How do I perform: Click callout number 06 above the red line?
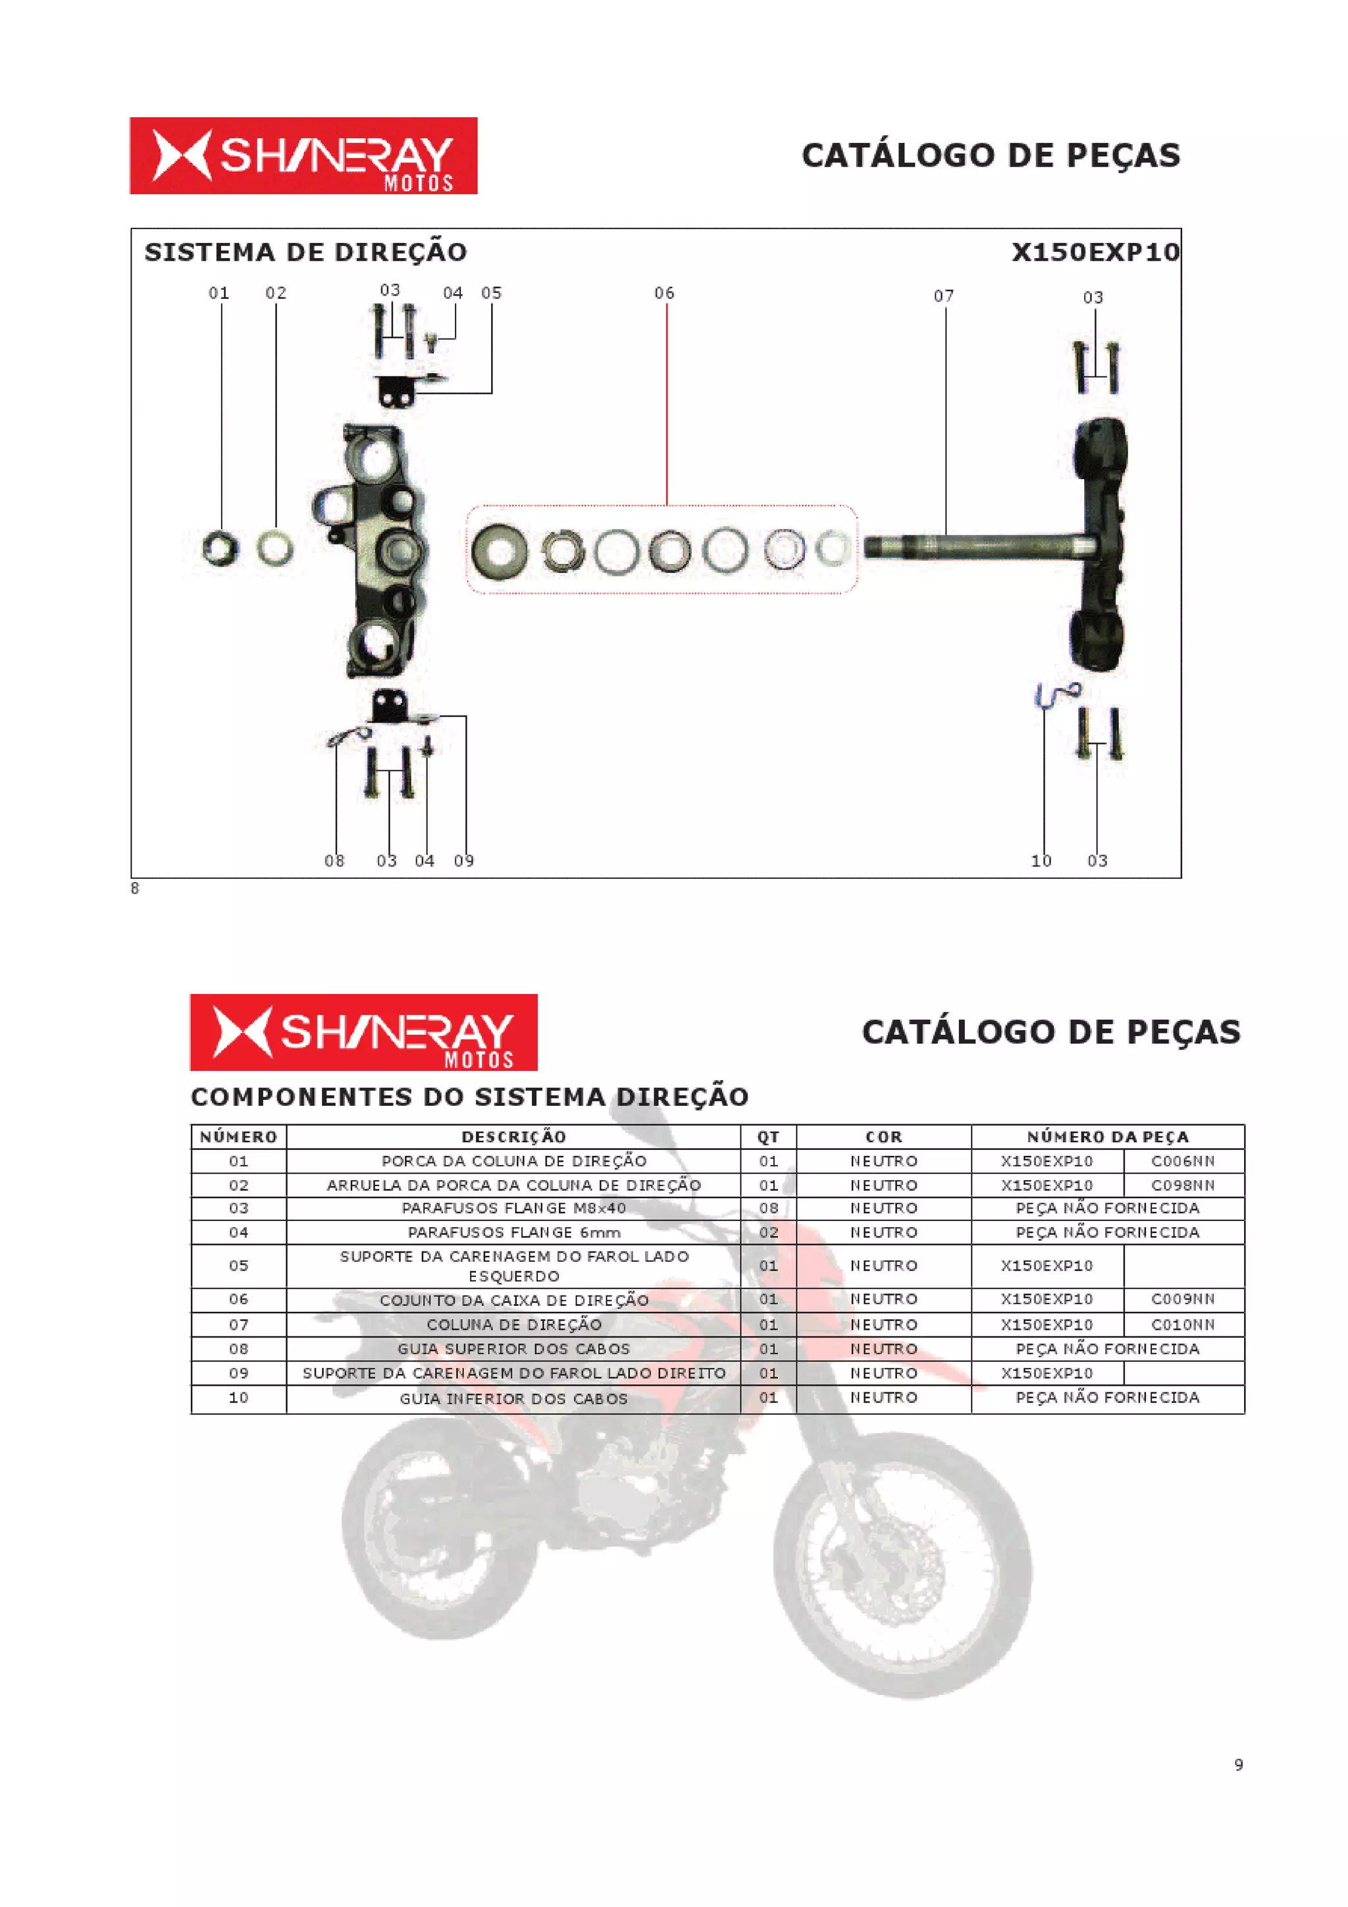[x=663, y=293]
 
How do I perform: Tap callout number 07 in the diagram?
[x=943, y=296]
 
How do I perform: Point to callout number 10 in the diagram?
[x=1041, y=861]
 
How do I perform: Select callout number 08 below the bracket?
[x=334, y=861]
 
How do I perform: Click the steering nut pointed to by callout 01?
[x=220, y=548]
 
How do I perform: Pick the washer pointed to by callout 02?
[x=275, y=548]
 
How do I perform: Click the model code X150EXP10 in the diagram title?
[x=1095, y=253]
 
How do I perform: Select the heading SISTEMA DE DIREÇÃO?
[x=305, y=253]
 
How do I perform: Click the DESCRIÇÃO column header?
[x=513, y=1136]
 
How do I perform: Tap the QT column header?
[x=768, y=1136]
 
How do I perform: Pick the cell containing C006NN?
[x=1183, y=1161]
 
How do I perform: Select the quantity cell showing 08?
[x=768, y=1209]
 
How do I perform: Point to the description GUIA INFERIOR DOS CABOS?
[x=513, y=1399]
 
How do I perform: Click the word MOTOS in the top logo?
[x=419, y=183]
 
